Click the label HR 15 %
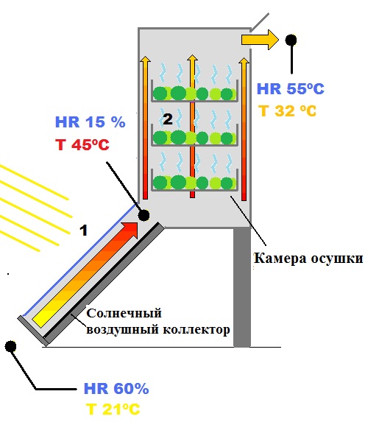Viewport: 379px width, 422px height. (x=90, y=122)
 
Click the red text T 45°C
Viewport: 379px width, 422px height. (x=82, y=145)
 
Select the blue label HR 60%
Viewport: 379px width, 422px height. (x=116, y=388)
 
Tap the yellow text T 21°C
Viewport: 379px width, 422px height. (x=113, y=409)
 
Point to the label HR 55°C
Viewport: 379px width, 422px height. (x=291, y=88)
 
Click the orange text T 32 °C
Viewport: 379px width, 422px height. (x=287, y=110)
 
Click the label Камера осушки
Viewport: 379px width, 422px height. (x=308, y=259)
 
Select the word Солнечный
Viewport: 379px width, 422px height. (x=124, y=314)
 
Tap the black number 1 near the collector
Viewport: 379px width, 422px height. (x=84, y=231)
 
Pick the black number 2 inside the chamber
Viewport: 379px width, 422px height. (x=168, y=119)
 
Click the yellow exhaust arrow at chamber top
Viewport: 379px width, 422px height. (x=260, y=40)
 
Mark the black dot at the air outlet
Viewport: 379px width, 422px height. (x=291, y=40)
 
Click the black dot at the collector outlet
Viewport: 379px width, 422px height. (x=144, y=215)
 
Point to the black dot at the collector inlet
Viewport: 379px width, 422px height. (x=10, y=346)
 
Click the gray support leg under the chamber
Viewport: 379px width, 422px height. (x=242, y=287)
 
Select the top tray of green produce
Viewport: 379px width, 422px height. (x=194, y=91)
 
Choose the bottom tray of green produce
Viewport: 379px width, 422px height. (x=194, y=180)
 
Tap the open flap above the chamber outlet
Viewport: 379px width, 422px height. (x=259, y=22)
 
